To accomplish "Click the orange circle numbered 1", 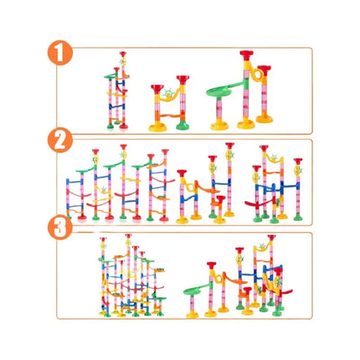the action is coord(60,53).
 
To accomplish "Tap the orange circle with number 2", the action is coord(60,140).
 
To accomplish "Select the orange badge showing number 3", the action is coord(60,227).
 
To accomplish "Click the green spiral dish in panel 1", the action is coord(219,91).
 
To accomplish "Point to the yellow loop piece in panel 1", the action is coord(256,73).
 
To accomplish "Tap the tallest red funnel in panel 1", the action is coord(246,55).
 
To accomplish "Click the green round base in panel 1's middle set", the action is coord(183,126).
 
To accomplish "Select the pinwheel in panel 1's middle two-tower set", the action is coord(168,93).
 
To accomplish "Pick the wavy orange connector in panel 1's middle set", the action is coord(170,116).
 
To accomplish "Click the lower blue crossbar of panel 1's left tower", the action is coord(116,106).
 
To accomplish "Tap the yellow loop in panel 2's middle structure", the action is coord(190,186).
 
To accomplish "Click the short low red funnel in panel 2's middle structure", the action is coord(221,199).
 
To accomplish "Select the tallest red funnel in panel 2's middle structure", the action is coord(229,146).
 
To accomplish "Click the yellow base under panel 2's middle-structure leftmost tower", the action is coord(183,220).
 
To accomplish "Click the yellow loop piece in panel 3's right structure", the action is coord(219,278).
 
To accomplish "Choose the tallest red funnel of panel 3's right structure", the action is coord(271,238).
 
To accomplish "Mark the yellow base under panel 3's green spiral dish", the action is coord(193,315).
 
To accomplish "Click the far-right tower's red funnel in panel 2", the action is coord(298,162).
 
